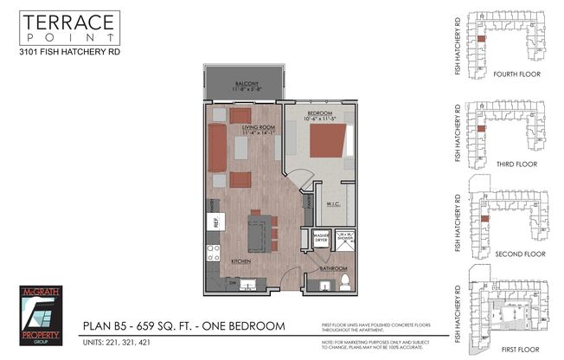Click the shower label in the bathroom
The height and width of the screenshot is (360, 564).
pos(344,236)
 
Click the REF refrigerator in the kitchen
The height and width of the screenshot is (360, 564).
pos(213,221)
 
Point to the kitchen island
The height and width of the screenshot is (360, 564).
pos(256,232)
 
